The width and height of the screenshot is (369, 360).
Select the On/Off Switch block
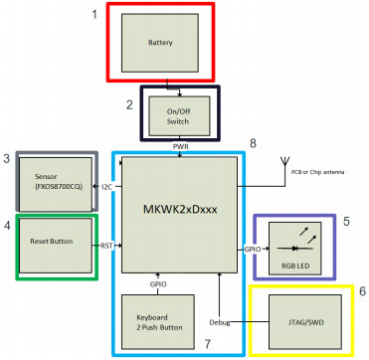tap(177, 115)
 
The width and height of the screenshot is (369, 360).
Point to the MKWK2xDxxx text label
tap(180, 210)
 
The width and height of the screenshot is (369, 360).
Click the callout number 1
tap(95, 14)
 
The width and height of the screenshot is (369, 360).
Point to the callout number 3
tap(7, 159)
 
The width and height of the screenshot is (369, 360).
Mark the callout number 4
tap(7, 226)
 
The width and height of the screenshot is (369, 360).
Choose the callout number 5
tap(345, 221)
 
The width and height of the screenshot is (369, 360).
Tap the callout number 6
tap(361, 291)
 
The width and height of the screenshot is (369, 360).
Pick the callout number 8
tap(253, 143)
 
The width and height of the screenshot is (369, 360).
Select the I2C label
tap(107, 187)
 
